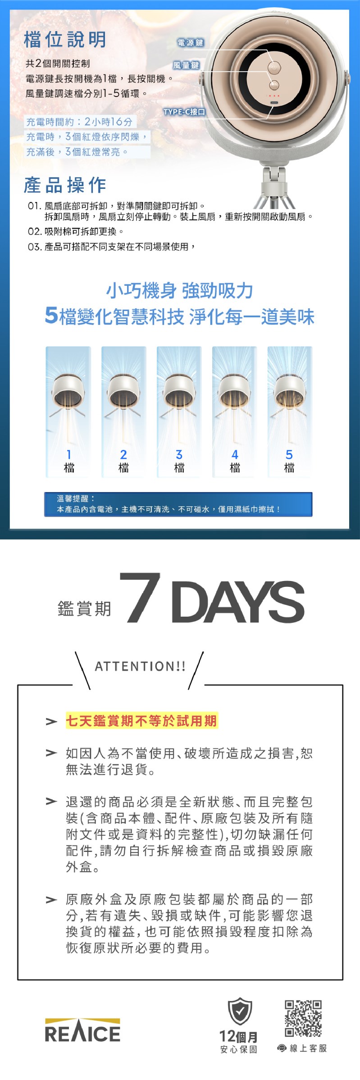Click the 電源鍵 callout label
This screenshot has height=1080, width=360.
tap(191, 43)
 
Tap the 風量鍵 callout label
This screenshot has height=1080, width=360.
tap(186, 65)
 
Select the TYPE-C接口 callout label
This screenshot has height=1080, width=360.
tap(184, 112)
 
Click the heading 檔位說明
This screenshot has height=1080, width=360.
tap(65, 40)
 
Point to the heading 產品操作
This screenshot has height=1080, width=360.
tap(65, 185)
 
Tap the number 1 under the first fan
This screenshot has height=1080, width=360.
tap(69, 454)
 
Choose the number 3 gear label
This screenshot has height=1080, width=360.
tap(179, 454)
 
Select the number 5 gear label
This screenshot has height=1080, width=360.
tap(289, 454)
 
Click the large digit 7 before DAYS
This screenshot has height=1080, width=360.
tap(140, 597)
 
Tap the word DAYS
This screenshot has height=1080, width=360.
tap(238, 602)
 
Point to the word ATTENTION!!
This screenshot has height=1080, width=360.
tap(140, 666)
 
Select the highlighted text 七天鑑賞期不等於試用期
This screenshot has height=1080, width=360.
tap(141, 721)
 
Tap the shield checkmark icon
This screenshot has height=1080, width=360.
tap(240, 1011)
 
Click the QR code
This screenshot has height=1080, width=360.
tap(303, 1018)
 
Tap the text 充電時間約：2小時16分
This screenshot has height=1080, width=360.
tap(79, 122)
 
